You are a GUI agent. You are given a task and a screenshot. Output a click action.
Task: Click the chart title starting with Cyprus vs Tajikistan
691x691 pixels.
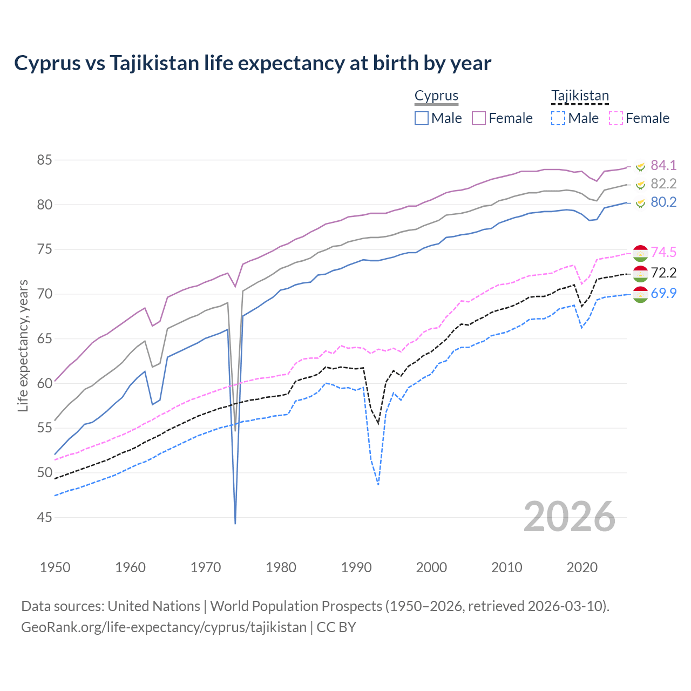pyautogui.click(x=253, y=63)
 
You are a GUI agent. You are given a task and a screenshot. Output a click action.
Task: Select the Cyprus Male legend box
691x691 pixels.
pyautogui.click(x=422, y=118)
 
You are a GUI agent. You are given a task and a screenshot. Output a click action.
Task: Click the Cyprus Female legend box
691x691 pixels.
pyautogui.click(x=479, y=118)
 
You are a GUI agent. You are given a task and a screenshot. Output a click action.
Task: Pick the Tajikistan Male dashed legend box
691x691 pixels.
pyautogui.click(x=558, y=118)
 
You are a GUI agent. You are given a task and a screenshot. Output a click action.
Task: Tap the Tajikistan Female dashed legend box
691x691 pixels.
pyautogui.click(x=616, y=118)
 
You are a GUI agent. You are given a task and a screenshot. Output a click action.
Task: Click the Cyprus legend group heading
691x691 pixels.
pyautogui.click(x=436, y=96)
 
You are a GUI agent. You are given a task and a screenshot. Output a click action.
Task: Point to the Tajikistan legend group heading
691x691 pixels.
pyautogui.click(x=580, y=96)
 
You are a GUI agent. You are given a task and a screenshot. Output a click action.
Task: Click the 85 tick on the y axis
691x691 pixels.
pyautogui.click(x=44, y=160)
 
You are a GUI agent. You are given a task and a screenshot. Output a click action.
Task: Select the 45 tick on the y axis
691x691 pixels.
pyautogui.click(x=44, y=518)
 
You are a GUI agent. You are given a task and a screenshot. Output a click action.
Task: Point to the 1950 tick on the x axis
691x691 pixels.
pyautogui.click(x=55, y=567)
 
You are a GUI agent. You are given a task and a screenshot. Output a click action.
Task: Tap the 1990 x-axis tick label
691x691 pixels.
pyautogui.click(x=356, y=567)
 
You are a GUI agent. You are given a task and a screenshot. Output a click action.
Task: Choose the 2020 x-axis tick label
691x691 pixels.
pyautogui.click(x=582, y=567)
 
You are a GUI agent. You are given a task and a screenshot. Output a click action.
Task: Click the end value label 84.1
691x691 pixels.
pyautogui.click(x=663, y=165)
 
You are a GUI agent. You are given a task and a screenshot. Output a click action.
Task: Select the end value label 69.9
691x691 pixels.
pyautogui.click(x=663, y=293)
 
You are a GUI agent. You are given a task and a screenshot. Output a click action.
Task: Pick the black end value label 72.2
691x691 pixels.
pyautogui.click(x=663, y=273)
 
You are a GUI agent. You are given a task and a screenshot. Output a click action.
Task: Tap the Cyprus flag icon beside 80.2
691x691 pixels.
pyautogui.click(x=640, y=203)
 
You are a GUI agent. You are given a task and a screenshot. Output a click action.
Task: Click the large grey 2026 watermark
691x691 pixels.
pyautogui.click(x=570, y=517)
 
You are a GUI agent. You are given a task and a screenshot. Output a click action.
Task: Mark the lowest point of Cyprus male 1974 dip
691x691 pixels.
pyautogui.click(x=235, y=523)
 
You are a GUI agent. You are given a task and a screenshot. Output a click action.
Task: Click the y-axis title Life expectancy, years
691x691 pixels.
pyautogui.click(x=23, y=345)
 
